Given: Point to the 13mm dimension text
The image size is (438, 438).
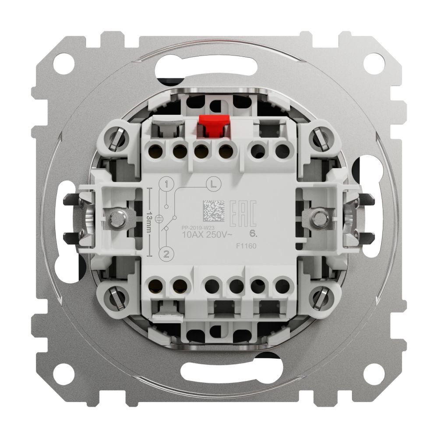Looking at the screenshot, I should (x=149, y=219).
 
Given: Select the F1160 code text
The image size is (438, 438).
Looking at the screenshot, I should (x=245, y=247).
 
